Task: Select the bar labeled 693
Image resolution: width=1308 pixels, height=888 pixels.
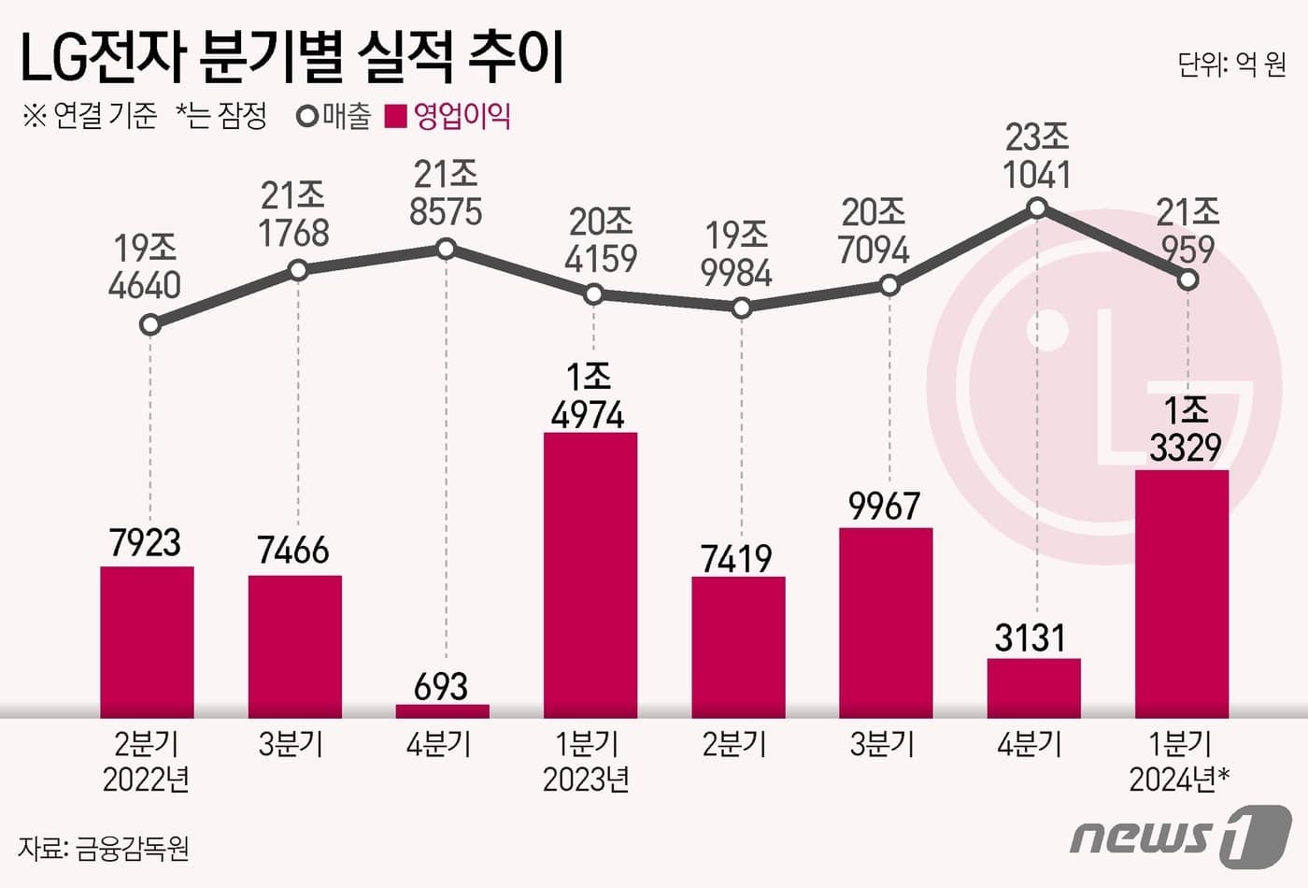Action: [x=442, y=711]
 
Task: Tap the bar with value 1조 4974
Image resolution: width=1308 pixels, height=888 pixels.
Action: [x=590, y=575]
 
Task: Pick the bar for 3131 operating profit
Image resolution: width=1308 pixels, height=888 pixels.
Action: [x=1033, y=688]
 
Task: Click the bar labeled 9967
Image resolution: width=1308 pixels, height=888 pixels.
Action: [x=886, y=623]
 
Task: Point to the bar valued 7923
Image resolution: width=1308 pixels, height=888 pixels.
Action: [x=147, y=642]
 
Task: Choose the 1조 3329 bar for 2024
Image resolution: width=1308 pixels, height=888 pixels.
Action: [x=1182, y=594]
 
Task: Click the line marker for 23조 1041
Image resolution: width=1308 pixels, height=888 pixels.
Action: [x=1037, y=208]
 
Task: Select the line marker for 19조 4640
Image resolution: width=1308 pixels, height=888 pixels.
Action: [x=149, y=325]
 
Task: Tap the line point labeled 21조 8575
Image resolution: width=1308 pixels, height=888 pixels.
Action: [x=446, y=249]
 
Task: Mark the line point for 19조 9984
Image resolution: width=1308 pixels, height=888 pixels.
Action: [x=741, y=308]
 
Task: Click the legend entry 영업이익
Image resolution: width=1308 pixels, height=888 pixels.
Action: [x=450, y=116]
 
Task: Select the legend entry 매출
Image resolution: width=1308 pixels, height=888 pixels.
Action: [x=334, y=116]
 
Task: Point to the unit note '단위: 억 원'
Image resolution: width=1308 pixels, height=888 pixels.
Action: [x=1231, y=64]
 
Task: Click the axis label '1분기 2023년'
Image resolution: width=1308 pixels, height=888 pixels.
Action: [x=587, y=761]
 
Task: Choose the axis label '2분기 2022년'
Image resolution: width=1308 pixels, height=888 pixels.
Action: [x=146, y=761]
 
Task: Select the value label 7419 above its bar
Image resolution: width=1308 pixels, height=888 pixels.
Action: [x=736, y=559]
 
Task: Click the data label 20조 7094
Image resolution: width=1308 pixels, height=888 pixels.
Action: [x=874, y=232]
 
